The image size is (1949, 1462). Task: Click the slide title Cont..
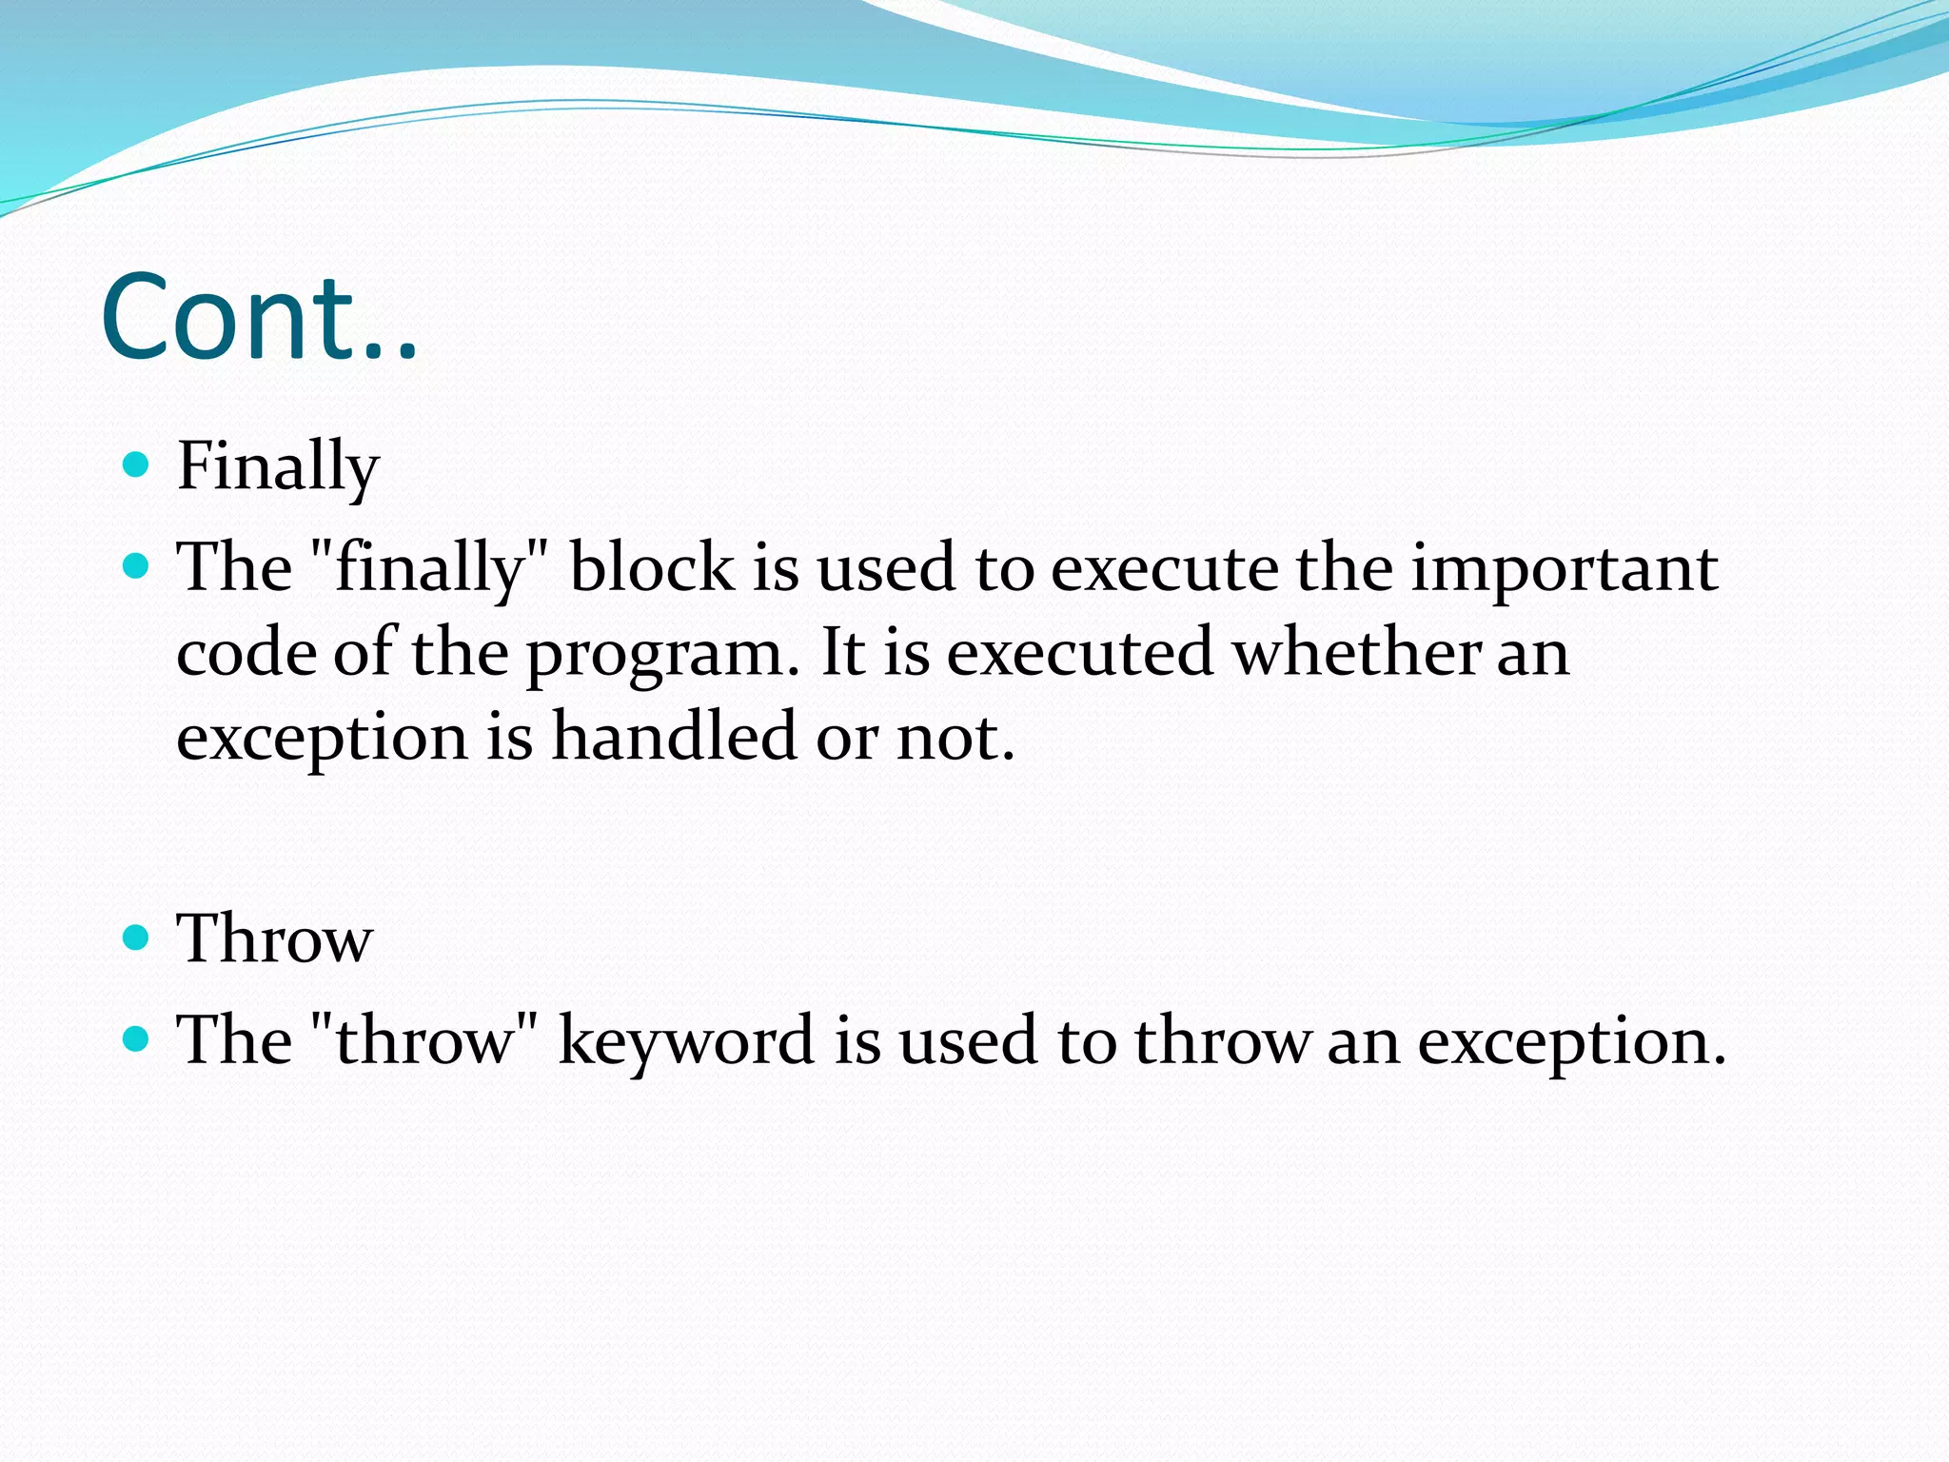tap(259, 318)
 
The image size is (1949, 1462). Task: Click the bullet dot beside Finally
tap(137, 464)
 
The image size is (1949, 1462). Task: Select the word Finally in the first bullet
tap(278, 466)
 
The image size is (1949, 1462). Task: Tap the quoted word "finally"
tap(430, 568)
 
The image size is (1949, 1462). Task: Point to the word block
tap(652, 568)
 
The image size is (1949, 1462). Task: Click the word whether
tap(1355, 653)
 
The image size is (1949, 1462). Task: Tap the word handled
tap(674, 737)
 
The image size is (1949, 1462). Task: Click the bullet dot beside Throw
tap(137, 938)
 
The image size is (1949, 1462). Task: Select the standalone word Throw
tap(274, 938)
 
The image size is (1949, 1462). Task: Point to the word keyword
tap(685, 1039)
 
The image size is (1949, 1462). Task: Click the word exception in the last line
tap(1570, 1041)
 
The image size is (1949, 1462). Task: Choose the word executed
tap(1079, 653)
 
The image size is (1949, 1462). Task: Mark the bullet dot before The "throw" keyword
tap(137, 1038)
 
